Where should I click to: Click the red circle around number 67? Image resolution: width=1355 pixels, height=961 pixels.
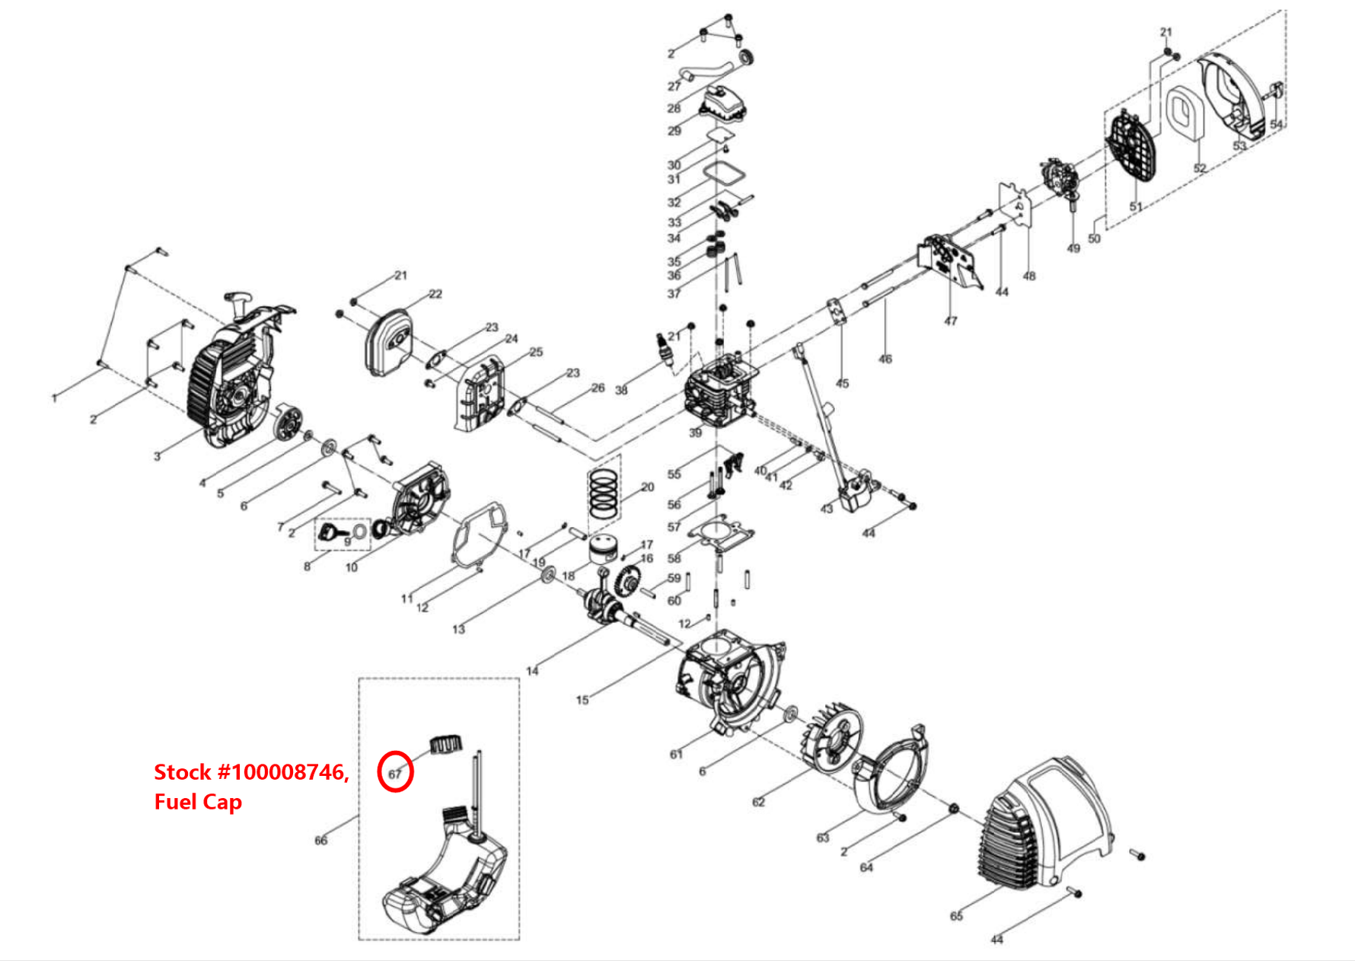[x=395, y=771]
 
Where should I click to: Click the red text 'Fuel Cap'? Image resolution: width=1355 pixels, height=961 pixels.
[x=198, y=802]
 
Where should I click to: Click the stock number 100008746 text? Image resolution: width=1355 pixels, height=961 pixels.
[x=252, y=772]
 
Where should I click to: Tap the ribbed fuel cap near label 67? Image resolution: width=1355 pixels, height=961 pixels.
[x=447, y=743]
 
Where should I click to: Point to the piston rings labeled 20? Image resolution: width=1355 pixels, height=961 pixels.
[x=604, y=493]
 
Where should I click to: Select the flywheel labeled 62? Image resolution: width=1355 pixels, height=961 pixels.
[x=831, y=742]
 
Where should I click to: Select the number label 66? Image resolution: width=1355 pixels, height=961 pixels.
[x=320, y=840]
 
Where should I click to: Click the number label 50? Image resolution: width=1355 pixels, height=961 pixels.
[x=1094, y=238]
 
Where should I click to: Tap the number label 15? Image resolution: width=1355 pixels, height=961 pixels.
[x=582, y=700]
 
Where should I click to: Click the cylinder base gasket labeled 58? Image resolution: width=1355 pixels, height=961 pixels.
[x=719, y=532]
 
